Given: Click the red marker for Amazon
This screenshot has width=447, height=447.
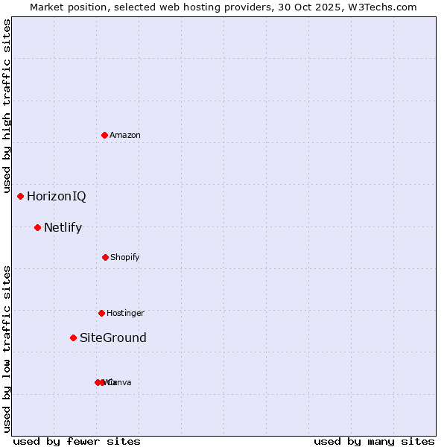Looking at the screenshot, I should point(105,135).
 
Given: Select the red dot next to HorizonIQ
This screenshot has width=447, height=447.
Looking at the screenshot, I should point(21,196).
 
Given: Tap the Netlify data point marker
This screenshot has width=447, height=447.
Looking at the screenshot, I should point(37,227).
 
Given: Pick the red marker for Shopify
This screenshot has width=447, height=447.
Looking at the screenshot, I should point(105,257).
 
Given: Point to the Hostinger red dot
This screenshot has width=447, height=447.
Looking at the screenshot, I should point(101,313).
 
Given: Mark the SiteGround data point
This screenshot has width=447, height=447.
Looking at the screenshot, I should point(73,337).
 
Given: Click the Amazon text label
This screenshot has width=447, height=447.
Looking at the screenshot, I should point(125,135).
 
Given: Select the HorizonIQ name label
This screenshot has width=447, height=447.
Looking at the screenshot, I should point(57,197).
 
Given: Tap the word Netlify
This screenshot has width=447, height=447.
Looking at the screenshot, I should point(63,228).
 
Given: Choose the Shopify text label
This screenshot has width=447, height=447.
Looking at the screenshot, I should point(125,257).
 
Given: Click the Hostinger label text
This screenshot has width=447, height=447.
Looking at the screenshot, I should point(125,313).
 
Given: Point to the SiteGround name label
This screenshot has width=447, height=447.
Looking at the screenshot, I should point(113,338).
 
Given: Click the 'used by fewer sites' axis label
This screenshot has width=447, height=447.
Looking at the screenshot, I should point(77,441).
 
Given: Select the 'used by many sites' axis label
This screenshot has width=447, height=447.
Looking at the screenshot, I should point(374,441).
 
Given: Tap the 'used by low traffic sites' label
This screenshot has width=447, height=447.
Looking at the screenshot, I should point(7,349).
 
